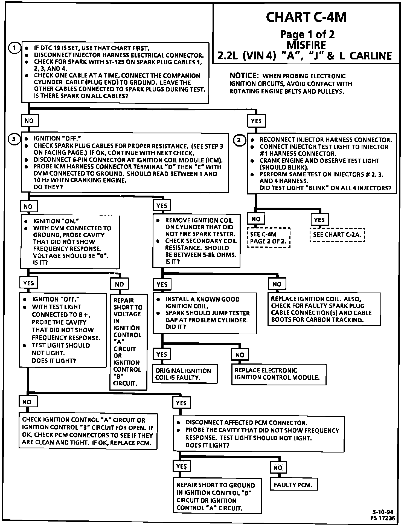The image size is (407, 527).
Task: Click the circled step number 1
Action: [14, 48]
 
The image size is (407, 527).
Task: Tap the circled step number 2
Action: [239, 140]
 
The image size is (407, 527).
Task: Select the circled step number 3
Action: [14, 139]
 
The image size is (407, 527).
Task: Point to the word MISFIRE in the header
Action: [306, 45]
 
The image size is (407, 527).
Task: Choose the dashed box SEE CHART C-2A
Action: [337, 235]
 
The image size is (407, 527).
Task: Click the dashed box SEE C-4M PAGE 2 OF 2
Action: [268, 238]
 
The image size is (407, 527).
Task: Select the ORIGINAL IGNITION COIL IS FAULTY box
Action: [185, 374]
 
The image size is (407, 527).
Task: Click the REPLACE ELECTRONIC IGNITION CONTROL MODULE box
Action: [279, 374]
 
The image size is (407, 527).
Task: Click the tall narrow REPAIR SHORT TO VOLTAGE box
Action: [128, 342]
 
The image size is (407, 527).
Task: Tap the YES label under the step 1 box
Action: [256, 121]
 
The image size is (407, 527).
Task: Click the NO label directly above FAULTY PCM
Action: [278, 468]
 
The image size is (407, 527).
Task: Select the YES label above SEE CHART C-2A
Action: [319, 220]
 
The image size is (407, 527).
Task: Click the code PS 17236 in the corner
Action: [383, 518]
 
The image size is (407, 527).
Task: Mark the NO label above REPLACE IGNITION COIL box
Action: [277, 284]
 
